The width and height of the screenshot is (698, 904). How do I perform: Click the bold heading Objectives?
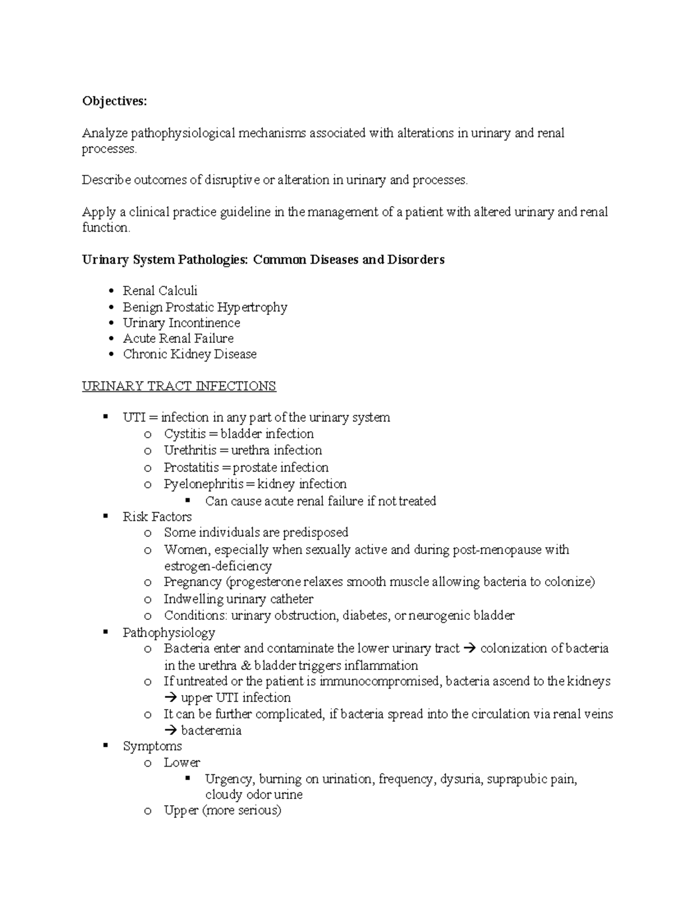pos(115,101)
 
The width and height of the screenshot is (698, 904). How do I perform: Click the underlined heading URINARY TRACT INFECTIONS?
pos(179,386)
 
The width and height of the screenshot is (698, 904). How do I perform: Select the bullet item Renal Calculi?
pos(160,290)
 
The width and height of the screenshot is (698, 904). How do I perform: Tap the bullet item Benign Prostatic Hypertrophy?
pos(205,307)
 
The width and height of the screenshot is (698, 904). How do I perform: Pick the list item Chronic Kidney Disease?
pos(190,354)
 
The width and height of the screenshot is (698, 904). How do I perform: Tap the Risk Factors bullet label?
pos(157,516)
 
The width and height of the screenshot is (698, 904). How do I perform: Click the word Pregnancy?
pos(193,582)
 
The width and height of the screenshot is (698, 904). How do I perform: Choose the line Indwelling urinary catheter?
pos(238,599)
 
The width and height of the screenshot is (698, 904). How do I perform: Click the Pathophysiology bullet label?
pos(169,632)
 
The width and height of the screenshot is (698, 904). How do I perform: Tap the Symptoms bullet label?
pos(152,746)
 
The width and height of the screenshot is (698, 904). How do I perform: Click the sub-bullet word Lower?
pos(182,763)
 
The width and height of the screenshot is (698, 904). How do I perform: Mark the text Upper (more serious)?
pos(222,810)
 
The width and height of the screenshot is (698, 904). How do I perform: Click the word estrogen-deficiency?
pos(218,566)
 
